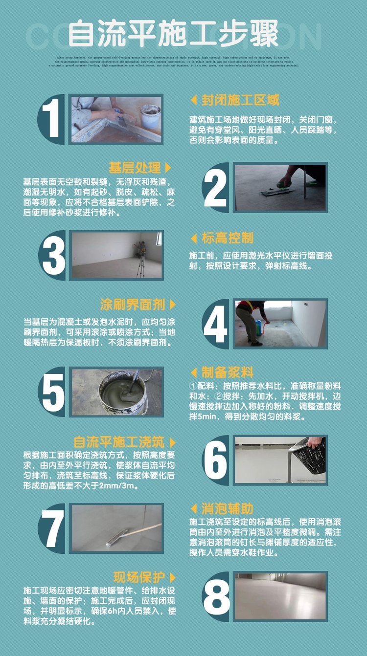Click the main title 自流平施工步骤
173,34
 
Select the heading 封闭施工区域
240,100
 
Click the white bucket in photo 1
150,116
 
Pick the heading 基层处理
135,168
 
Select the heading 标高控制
228,238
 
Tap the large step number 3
53,256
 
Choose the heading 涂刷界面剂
132,305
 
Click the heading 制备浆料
228,372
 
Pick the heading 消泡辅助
228,509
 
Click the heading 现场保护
138,577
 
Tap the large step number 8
216,597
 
